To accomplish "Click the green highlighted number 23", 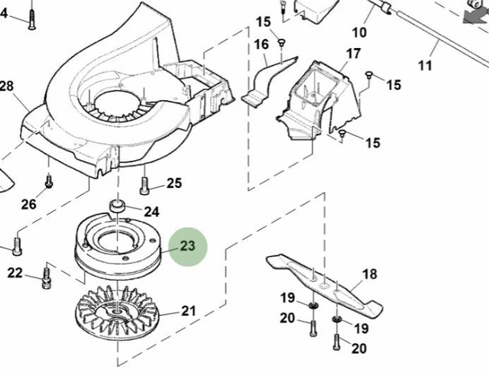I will pos(188,246).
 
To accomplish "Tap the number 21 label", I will pos(188,310).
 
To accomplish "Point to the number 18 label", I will pos(369,274).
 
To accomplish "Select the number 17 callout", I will pos(353,54).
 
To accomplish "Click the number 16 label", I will pos(261,45).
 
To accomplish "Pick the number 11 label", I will pos(426,66).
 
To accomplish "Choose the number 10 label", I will pos(359,32).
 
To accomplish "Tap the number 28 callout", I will pos(7,86).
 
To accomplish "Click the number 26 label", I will pos(28,204).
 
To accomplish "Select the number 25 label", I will pos(174,183).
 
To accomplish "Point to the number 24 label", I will pos(151,211).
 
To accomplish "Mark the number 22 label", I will pos(15,273).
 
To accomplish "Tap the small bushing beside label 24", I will pos(118,206).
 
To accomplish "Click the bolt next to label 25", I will pos(144,184).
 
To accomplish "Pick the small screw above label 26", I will pos(49,182).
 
